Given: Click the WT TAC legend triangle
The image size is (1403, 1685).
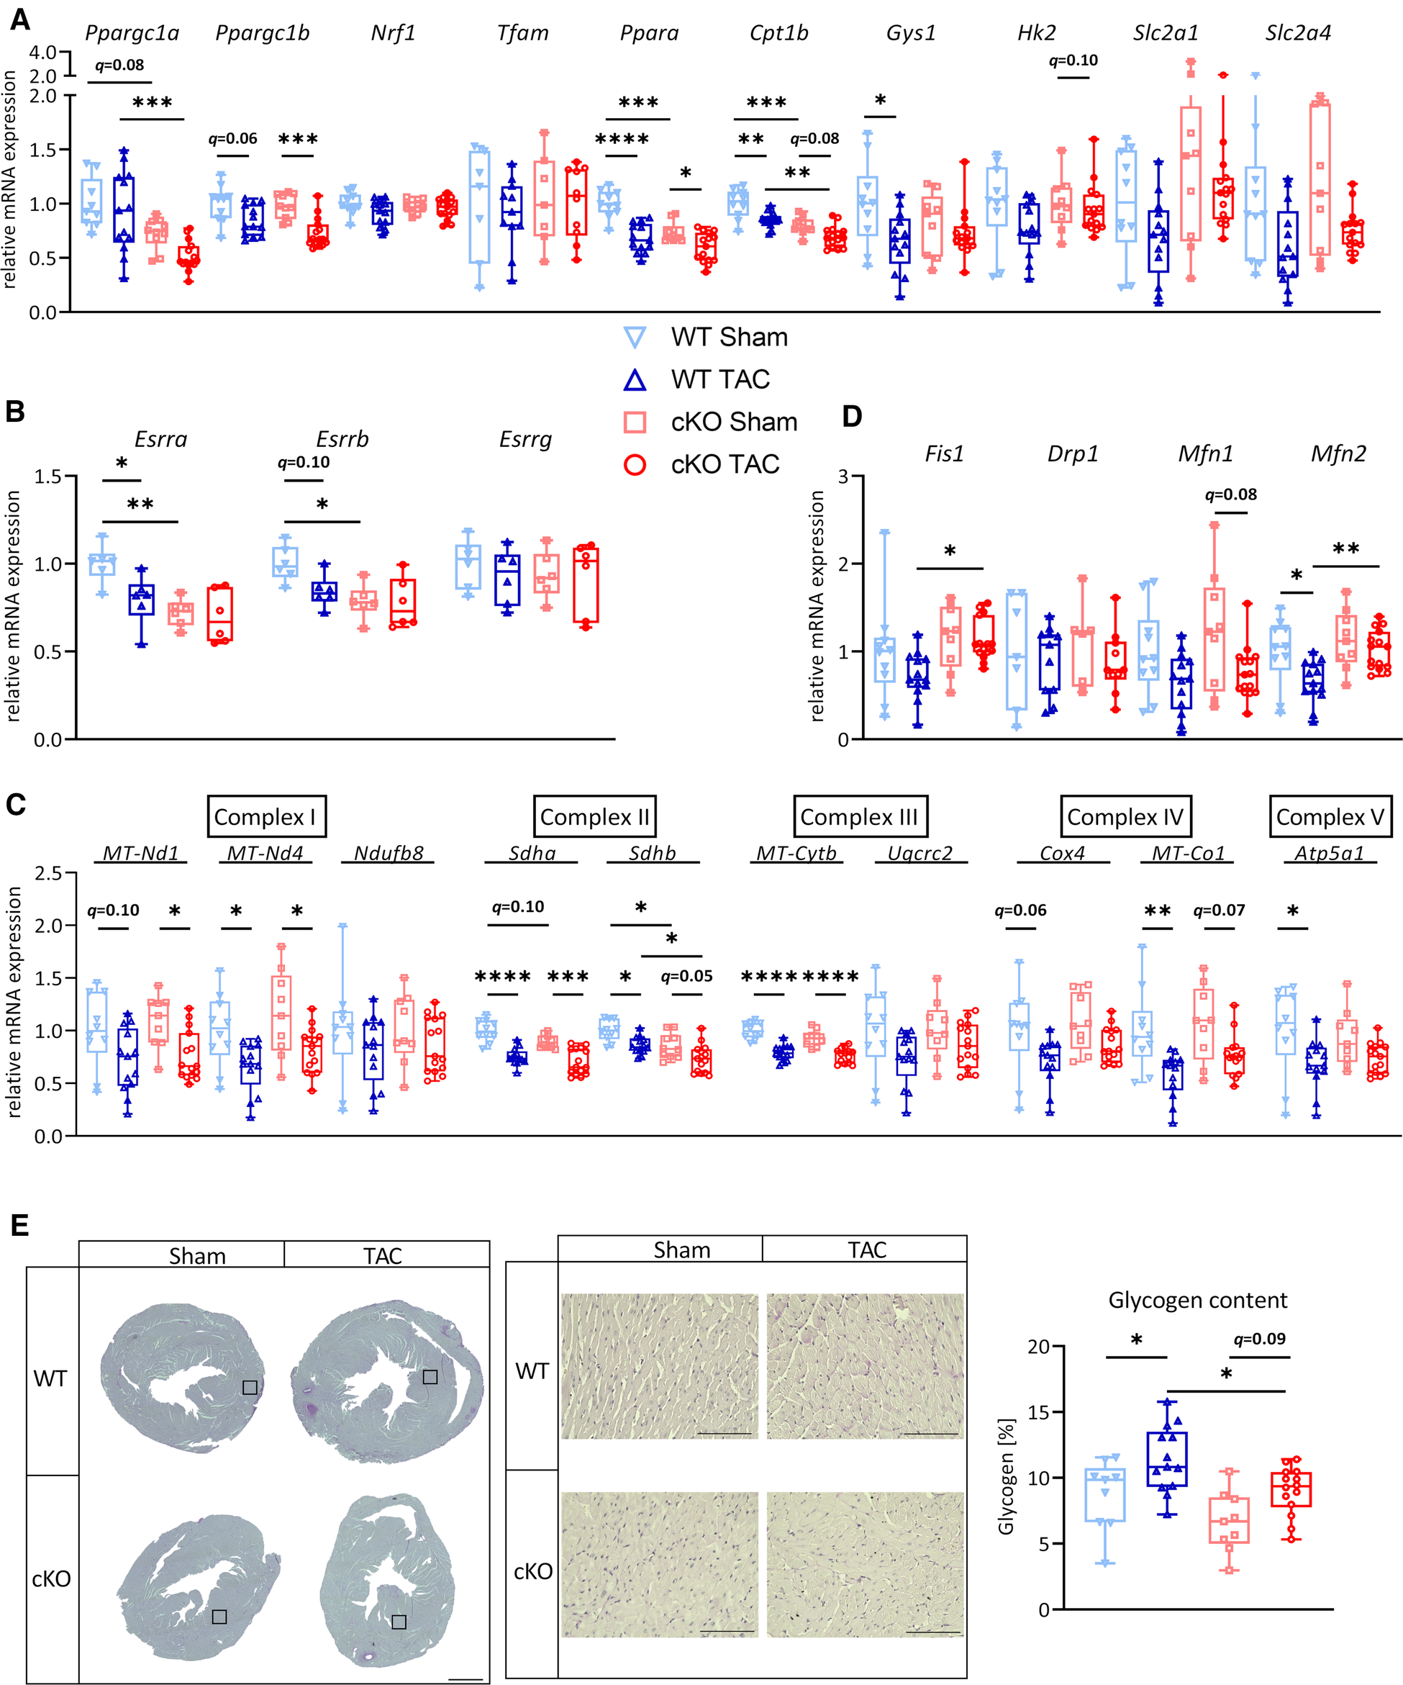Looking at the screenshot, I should pyautogui.click(x=635, y=379).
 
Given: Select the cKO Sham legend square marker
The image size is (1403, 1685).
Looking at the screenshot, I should pyautogui.click(x=635, y=422).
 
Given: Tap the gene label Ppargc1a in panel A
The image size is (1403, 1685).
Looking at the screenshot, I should pyautogui.click(x=132, y=34).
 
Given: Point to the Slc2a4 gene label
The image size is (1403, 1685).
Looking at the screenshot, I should pyautogui.click(x=1298, y=34).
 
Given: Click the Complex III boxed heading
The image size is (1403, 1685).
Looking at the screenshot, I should pyautogui.click(x=859, y=817).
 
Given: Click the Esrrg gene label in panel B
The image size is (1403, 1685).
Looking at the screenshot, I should pyautogui.click(x=525, y=440).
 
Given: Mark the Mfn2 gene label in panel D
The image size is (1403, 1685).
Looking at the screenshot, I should pyautogui.click(x=1338, y=454).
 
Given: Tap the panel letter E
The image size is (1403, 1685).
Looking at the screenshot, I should pyautogui.click(x=19, y=1225).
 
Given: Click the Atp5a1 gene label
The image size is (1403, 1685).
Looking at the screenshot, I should pyautogui.click(x=1329, y=853).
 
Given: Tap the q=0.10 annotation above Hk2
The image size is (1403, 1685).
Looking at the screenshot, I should pyautogui.click(x=1073, y=60).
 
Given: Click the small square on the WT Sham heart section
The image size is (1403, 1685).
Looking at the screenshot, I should pyautogui.click(x=250, y=1387).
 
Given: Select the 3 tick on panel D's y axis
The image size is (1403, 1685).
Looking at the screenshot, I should pyautogui.click(x=843, y=476).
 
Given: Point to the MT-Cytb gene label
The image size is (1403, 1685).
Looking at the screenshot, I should pyautogui.click(x=796, y=853).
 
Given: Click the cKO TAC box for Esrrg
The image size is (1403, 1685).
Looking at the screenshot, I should pyautogui.click(x=586, y=586).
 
